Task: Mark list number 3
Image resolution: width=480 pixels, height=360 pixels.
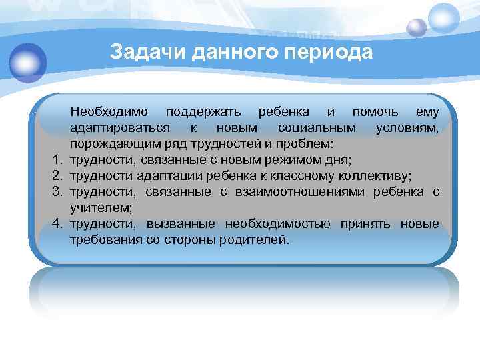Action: click(59, 192)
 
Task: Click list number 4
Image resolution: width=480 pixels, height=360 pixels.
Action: click(59, 224)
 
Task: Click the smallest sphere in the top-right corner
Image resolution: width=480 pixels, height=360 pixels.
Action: click(417, 27)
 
